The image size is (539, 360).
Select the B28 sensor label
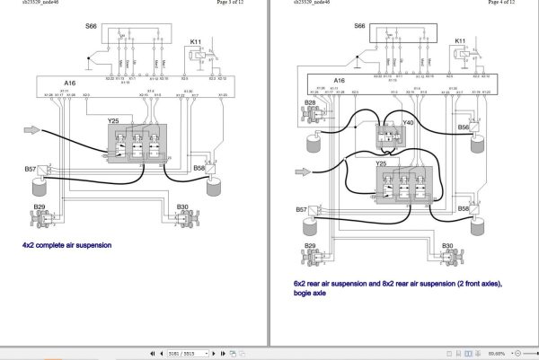[x=310, y=103]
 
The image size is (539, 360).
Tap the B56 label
[x=463, y=127]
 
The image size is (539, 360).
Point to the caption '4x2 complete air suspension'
[x=68, y=244]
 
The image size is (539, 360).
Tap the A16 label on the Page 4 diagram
[x=339, y=80]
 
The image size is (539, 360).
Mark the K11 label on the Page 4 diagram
[x=461, y=41]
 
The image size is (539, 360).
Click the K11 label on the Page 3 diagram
[x=197, y=41]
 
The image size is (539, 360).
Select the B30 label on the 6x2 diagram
[x=446, y=245]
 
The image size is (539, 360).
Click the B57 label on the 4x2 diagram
[x=30, y=169]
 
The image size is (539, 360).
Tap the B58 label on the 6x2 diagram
[x=464, y=207]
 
